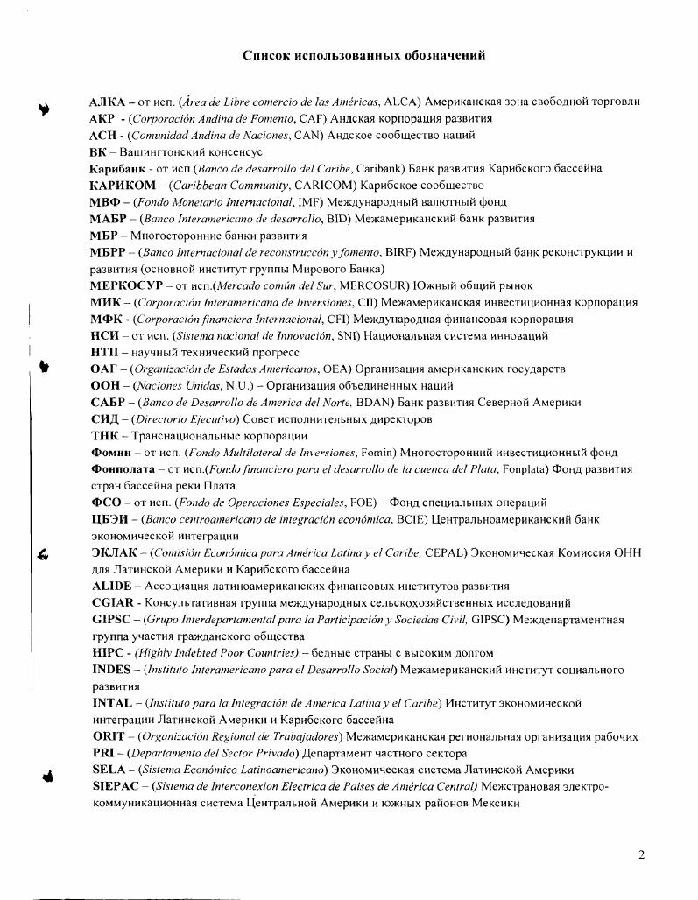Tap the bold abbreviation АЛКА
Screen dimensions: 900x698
click(x=108, y=102)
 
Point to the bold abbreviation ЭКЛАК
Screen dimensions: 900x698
click(x=112, y=552)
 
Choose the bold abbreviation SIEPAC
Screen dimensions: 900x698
click(x=115, y=786)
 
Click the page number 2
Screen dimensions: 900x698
click(x=641, y=854)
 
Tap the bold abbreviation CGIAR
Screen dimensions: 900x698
click(x=112, y=603)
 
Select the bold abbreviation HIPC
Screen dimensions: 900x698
click(x=108, y=653)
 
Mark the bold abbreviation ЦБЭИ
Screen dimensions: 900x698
click(x=109, y=519)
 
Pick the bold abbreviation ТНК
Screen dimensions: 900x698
click(x=105, y=436)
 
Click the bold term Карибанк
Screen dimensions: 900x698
click(x=116, y=169)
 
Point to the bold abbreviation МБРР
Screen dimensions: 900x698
click(x=109, y=252)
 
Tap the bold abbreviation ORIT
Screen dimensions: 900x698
click(x=107, y=736)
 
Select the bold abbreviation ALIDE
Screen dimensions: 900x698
click(x=111, y=587)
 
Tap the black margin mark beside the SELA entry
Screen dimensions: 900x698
click(x=46, y=775)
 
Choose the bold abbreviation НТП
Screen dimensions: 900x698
click(x=105, y=352)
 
